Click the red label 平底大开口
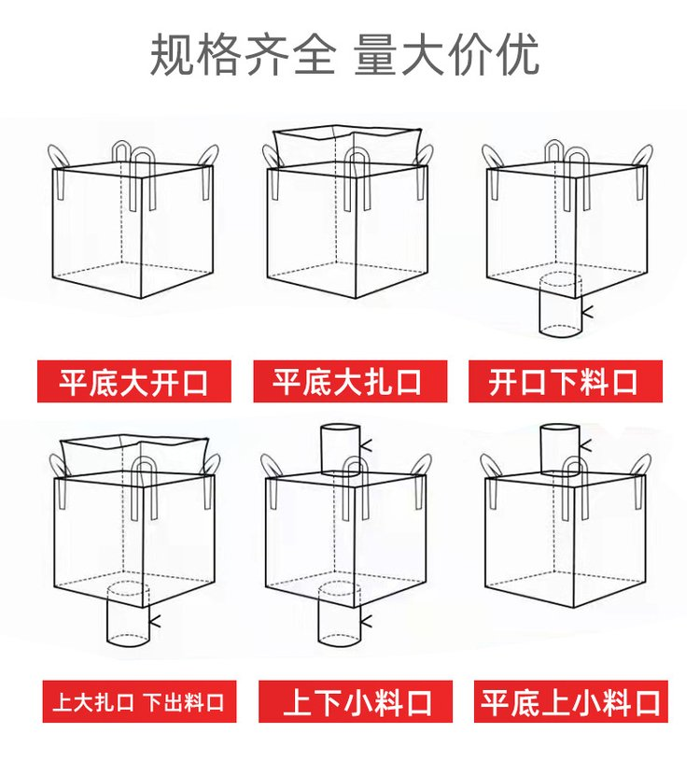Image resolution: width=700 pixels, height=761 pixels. click(x=133, y=381)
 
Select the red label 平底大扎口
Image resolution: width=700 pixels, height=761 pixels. click(x=350, y=381)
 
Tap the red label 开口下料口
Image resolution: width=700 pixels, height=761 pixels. click(x=566, y=381)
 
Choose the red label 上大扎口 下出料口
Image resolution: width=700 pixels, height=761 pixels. click(x=139, y=701)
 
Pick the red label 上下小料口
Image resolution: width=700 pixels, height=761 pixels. click(x=355, y=701)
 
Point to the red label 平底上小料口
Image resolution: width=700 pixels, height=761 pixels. click(x=571, y=701)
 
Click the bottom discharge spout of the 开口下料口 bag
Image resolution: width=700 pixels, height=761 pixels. click(x=561, y=304)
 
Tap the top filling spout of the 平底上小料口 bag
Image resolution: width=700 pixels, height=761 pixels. click(x=560, y=448)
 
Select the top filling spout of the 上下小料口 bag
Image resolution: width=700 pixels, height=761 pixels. click(x=341, y=449)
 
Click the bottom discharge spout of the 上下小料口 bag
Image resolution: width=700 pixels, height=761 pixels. click(x=339, y=614)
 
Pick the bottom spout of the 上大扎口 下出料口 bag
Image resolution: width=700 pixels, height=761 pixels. click(x=128, y=614)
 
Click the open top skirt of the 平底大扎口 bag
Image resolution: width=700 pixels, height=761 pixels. click(x=346, y=146)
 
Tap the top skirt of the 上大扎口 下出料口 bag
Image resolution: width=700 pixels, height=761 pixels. click(x=133, y=456)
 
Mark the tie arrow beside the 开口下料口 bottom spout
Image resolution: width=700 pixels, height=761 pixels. click(x=587, y=312)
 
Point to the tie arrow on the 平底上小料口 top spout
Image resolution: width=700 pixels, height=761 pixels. click(x=585, y=445)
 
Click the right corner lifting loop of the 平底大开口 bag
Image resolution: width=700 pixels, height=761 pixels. click(x=208, y=156)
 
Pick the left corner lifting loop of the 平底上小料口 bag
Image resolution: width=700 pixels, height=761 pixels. click(x=490, y=466)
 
